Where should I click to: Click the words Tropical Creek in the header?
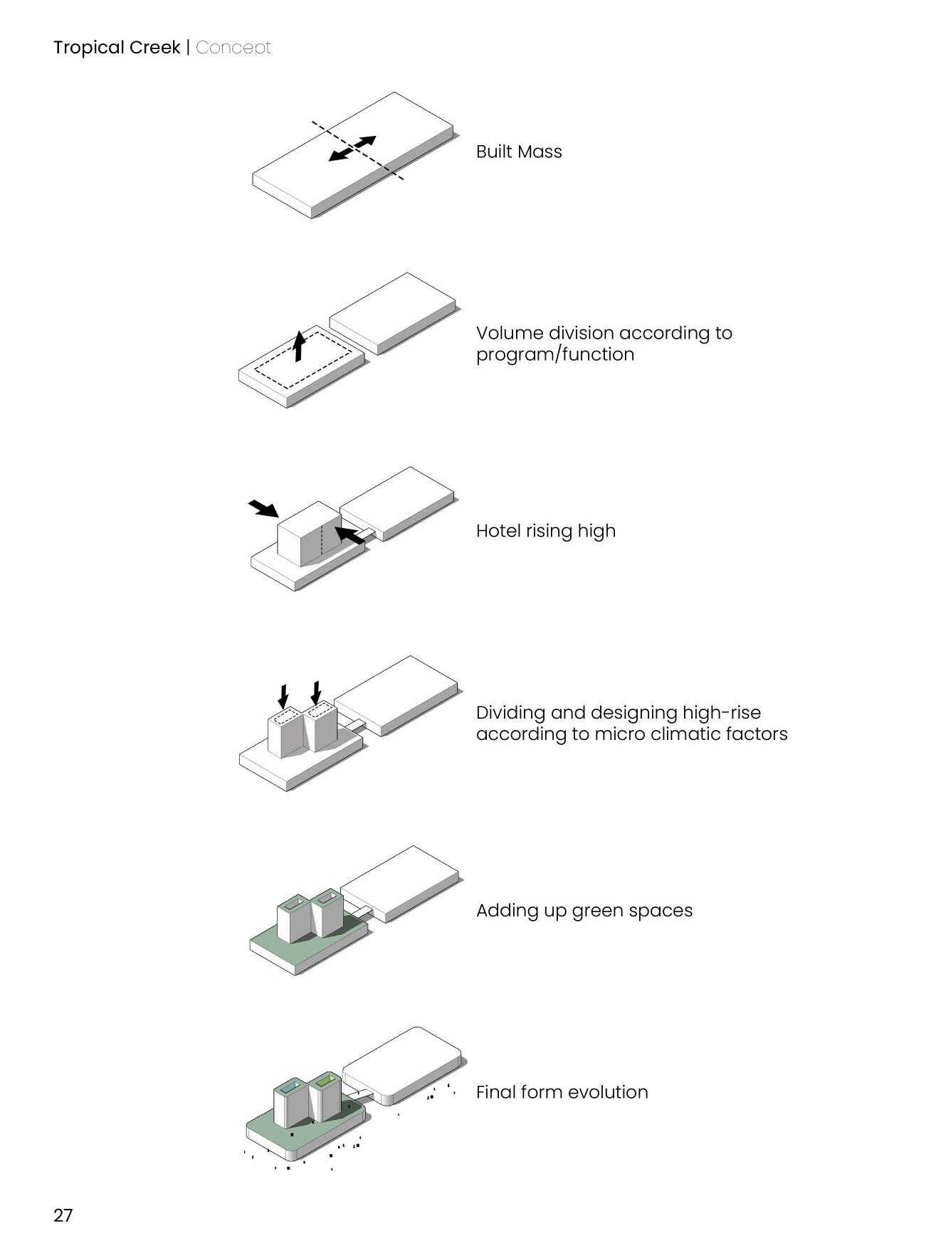click(x=117, y=48)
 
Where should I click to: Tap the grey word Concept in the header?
click(x=233, y=48)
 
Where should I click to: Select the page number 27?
click(x=63, y=1215)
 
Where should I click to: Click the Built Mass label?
click(x=519, y=152)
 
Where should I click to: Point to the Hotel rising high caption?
click(x=546, y=531)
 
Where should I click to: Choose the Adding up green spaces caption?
click(x=584, y=911)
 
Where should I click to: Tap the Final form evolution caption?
click(x=562, y=1092)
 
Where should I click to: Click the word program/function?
click(x=555, y=354)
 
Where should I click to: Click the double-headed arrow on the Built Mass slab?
click(x=352, y=148)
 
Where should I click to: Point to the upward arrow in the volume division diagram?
click(x=300, y=345)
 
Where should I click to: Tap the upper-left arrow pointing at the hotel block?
click(x=263, y=508)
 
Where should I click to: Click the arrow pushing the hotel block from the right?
click(x=349, y=536)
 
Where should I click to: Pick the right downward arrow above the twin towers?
click(x=316, y=693)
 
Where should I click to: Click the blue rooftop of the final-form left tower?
click(x=290, y=1088)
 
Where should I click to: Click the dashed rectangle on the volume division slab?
click(x=303, y=359)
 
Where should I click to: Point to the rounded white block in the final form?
click(x=402, y=1065)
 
